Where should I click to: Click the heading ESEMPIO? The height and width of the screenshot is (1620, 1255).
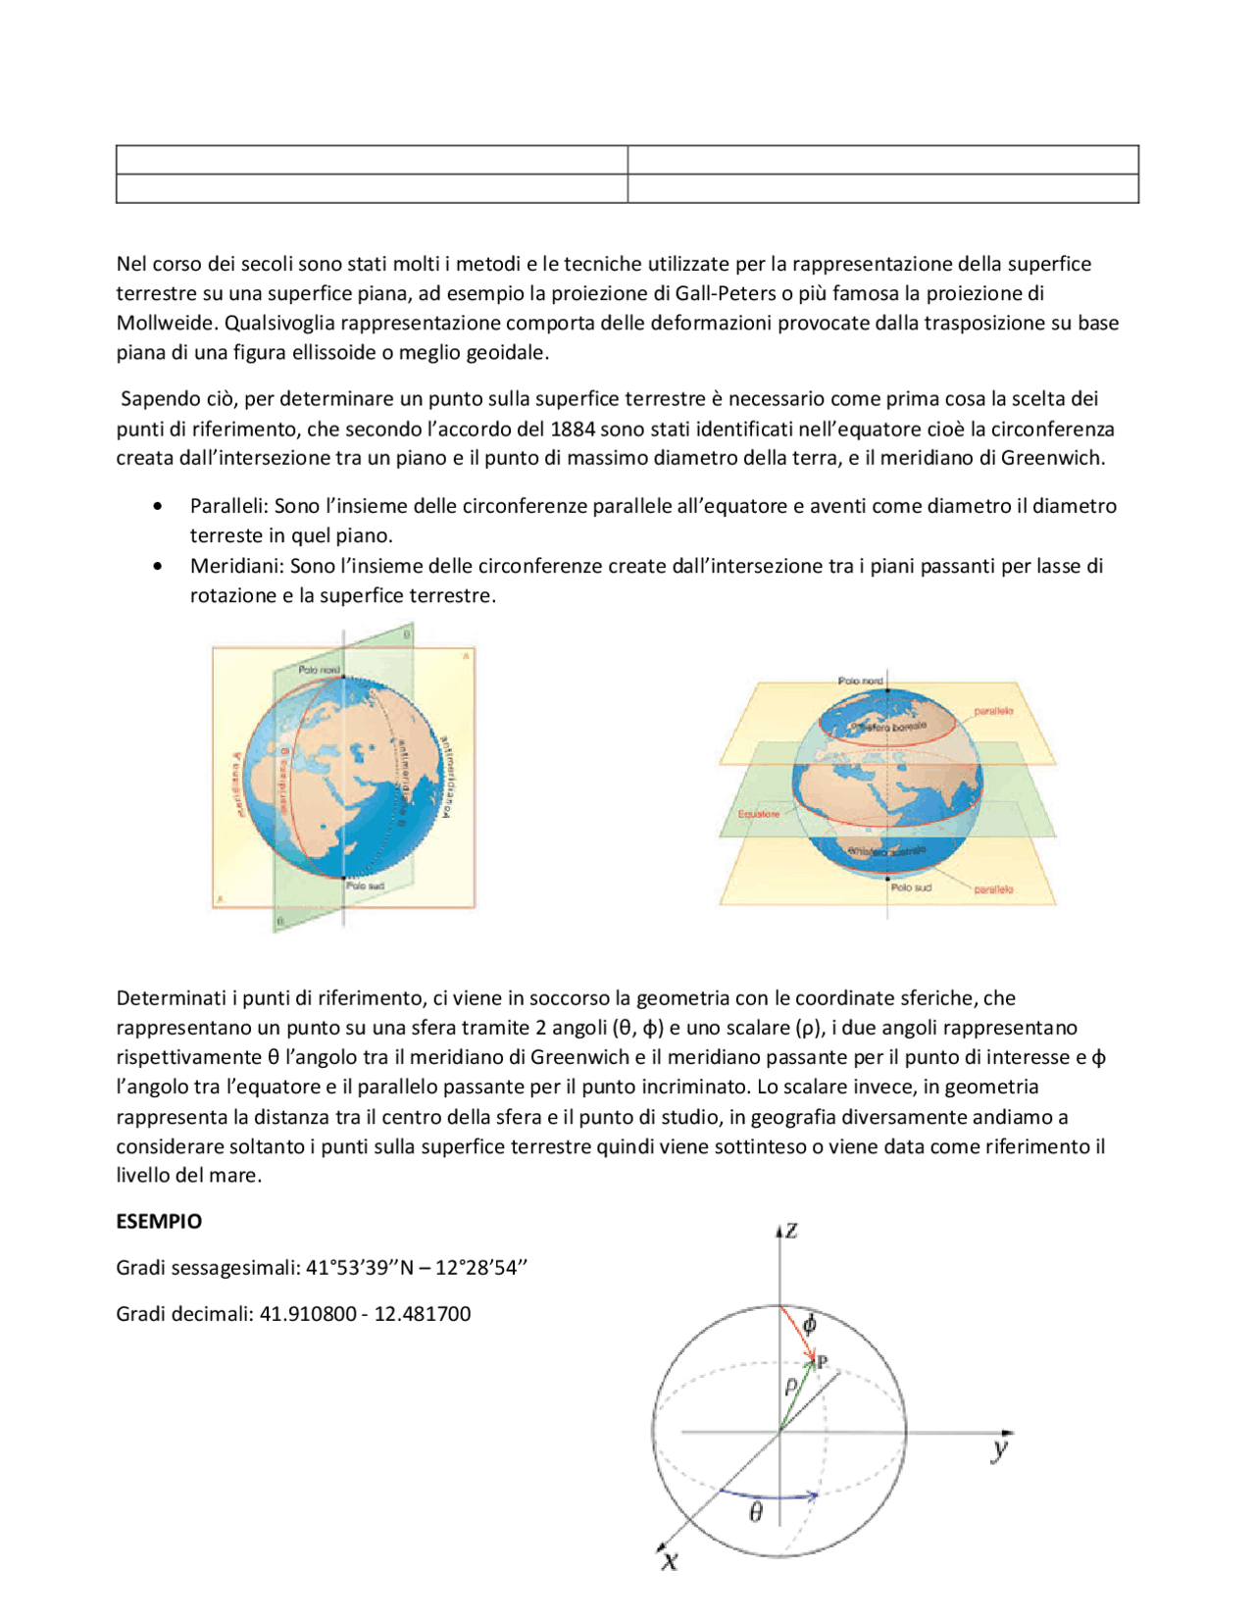[159, 1221]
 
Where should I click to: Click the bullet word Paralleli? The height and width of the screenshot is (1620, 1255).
[227, 506]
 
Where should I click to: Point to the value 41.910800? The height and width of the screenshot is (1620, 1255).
[308, 1314]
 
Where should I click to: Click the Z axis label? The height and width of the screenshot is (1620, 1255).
[791, 1231]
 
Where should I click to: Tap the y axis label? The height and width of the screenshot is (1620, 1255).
[999, 1448]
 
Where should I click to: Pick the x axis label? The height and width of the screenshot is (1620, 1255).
[670, 1559]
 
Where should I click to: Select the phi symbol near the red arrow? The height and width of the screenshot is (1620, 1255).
[810, 1324]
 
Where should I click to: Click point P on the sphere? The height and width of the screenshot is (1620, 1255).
[822, 1361]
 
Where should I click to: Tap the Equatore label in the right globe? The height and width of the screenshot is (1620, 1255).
[759, 814]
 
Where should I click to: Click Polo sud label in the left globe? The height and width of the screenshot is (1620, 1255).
[366, 886]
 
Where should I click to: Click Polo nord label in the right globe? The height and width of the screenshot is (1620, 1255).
[860, 680]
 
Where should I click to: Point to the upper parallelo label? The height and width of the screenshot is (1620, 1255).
[993, 711]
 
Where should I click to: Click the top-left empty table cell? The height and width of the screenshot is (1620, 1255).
[372, 160]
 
